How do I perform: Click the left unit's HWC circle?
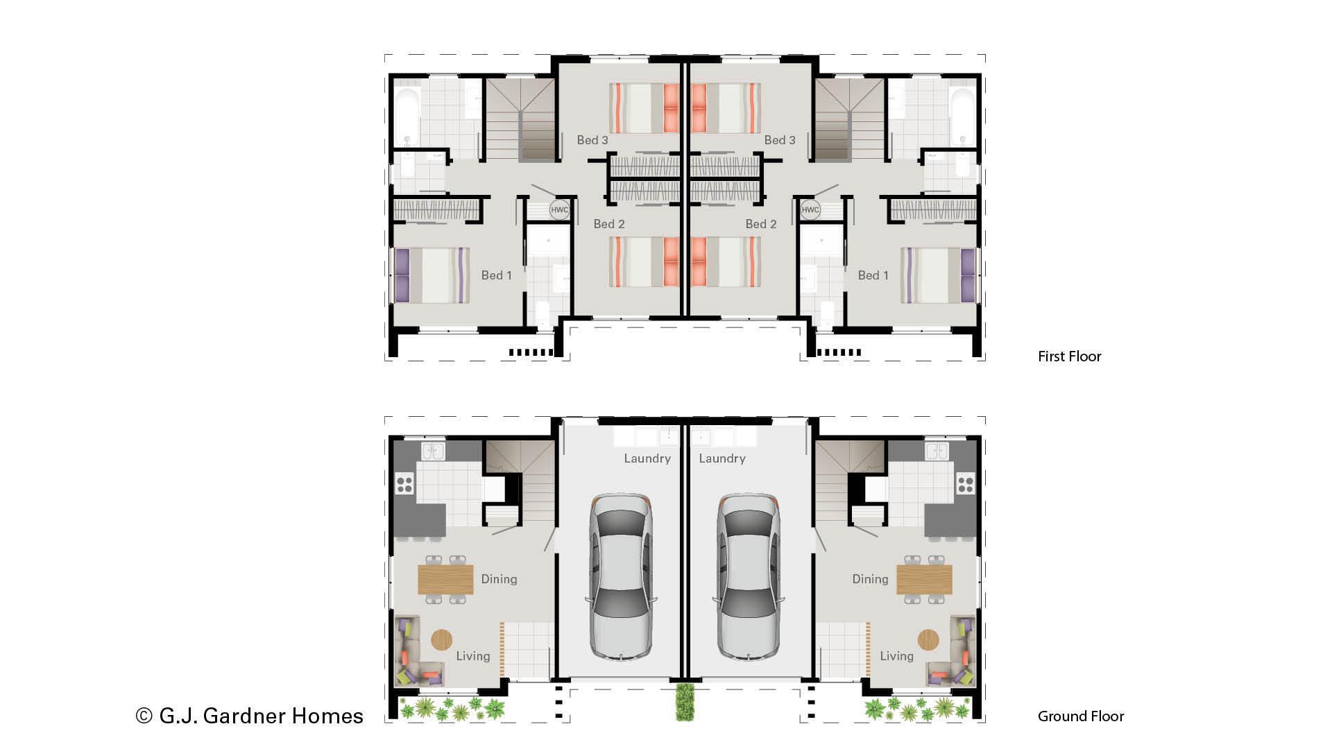click(559, 209)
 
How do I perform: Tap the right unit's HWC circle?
click(810, 209)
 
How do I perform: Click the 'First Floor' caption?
click(1069, 356)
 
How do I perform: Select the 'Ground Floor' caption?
click(1080, 716)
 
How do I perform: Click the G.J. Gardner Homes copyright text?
click(250, 716)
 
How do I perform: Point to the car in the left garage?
click(621, 577)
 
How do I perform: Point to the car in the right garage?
click(748, 577)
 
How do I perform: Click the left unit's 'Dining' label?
click(499, 579)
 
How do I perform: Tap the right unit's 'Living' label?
click(896, 656)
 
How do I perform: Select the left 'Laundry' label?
click(647, 458)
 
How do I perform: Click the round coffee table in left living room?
click(441, 639)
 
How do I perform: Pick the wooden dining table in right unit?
click(924, 579)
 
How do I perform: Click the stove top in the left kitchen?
click(404, 483)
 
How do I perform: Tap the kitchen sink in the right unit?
click(937, 451)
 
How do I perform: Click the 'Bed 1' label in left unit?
click(496, 275)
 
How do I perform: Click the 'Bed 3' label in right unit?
click(779, 140)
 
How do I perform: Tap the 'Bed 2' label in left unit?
click(608, 224)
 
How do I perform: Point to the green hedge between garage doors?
click(685, 702)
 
